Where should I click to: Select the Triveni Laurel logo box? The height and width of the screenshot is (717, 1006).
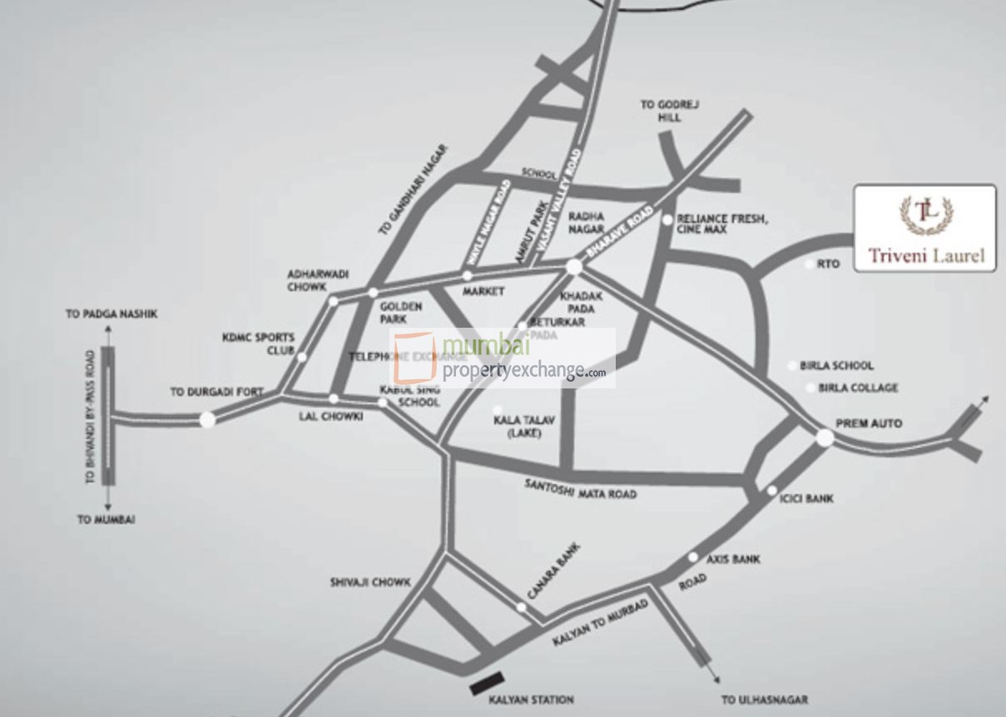tap(925, 228)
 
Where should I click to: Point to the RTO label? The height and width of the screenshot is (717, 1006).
tap(828, 265)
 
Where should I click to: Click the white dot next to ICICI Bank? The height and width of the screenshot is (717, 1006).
tap(772, 491)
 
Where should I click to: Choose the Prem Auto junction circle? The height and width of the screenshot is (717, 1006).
tap(825, 438)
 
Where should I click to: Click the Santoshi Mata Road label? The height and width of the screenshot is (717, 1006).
tap(580, 488)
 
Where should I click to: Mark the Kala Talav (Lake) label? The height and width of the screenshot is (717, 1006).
tap(523, 427)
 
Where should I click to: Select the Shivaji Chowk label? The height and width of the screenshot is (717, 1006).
tap(370, 582)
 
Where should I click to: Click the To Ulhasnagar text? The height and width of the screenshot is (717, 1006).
tap(765, 700)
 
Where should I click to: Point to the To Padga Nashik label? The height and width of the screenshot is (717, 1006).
tap(112, 314)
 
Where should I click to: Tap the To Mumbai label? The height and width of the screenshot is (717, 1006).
tap(107, 519)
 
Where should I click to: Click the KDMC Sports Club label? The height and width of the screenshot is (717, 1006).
tap(258, 344)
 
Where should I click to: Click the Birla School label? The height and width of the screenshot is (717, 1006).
tap(836, 365)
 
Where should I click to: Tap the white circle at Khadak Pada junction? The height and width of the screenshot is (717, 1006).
tap(573, 266)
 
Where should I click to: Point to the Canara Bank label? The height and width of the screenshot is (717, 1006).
tap(553, 571)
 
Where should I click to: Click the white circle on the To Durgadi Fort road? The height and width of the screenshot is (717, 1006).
tap(207, 419)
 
